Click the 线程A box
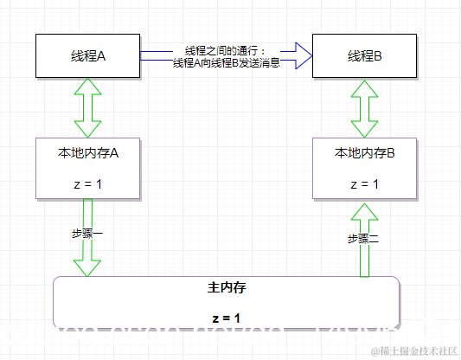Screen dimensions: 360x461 coord(87,55)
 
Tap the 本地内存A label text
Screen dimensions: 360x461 coord(87,152)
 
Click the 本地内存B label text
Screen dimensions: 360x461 coord(364,152)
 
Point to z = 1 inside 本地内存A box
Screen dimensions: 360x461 coord(87,183)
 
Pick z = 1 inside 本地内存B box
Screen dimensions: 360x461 coord(364,183)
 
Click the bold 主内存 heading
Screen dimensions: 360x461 coord(226,286)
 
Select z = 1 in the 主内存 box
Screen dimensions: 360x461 coord(226,318)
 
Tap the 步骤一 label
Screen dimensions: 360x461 coord(87,234)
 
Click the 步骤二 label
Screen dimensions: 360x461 coord(364,239)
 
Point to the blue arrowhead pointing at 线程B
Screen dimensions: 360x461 coord(299,55)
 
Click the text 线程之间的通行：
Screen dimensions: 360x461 coord(227,50)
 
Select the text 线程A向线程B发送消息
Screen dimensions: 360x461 coord(227,62)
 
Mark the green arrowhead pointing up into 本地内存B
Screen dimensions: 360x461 coord(364,209)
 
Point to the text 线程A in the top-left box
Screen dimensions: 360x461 coord(87,55)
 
